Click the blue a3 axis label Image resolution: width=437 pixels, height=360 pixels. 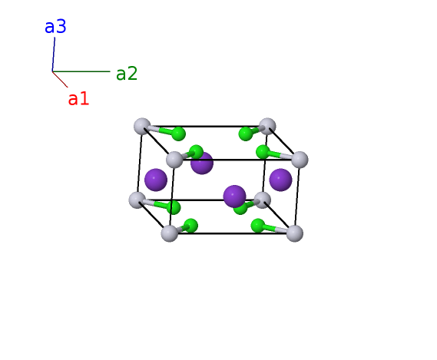click(x=55, y=27)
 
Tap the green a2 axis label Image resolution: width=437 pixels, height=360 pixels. click(x=127, y=74)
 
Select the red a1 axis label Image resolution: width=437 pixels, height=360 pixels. click(x=78, y=99)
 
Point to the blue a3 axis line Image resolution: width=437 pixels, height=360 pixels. click(x=54, y=54)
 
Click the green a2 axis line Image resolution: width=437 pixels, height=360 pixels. click(x=81, y=71)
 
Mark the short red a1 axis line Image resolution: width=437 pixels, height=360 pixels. click(x=60, y=79)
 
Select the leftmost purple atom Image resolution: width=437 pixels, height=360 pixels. click(x=156, y=180)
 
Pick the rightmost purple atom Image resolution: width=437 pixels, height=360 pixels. click(x=280, y=180)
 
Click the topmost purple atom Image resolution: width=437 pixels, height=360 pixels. click(x=202, y=163)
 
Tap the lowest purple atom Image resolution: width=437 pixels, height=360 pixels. click(x=235, y=197)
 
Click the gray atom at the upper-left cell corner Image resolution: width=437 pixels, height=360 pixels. click(x=142, y=126)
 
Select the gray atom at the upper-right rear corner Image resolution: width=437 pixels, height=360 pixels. click(x=267, y=126)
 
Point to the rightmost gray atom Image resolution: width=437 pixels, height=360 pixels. click(x=300, y=160)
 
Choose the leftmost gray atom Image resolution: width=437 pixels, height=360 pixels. click(x=137, y=200)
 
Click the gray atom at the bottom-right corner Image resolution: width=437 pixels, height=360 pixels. click(x=295, y=233)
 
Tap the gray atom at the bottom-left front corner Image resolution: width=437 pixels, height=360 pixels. click(x=170, y=233)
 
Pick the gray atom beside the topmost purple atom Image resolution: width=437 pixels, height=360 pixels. click(x=174, y=160)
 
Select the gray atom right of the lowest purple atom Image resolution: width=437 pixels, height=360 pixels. click(x=262, y=200)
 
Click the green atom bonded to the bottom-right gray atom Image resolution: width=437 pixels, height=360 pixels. click(x=258, y=226)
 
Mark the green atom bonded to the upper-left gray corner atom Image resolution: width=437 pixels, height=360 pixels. click(x=178, y=134)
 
